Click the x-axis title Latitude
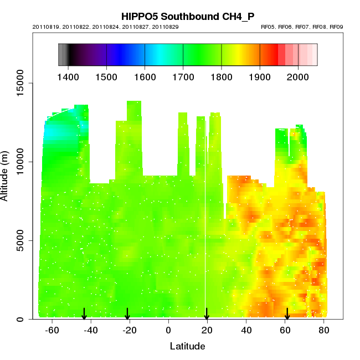point(187,347)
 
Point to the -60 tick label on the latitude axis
point(52,331)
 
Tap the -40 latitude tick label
point(91,331)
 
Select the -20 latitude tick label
point(130,331)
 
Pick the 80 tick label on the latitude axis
point(324,331)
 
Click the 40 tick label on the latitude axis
point(246,331)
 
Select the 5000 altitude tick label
point(22,241)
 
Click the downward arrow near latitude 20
point(207,314)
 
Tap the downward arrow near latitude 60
point(287,314)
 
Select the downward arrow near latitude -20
point(127,314)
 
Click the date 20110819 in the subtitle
point(45,27)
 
